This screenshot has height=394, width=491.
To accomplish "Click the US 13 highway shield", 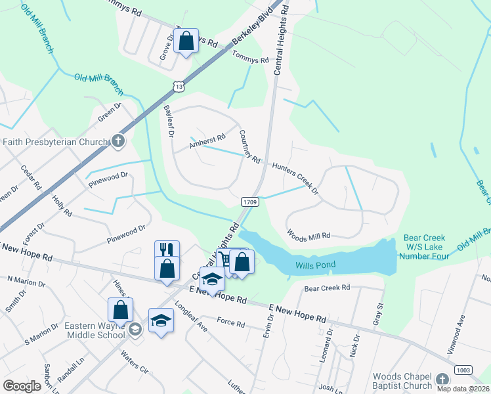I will pos(179,86).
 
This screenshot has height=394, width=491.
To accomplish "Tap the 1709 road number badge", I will pos(248,202).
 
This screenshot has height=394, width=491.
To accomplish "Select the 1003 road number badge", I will pos(463,370).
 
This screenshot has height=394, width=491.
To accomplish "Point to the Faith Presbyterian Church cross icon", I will pos(118,141).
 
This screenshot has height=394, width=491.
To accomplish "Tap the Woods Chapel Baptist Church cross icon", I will pos(442,380).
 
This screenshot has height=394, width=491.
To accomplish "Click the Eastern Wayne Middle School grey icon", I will pos(135,330).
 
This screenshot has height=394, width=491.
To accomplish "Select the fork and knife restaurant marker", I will pos(166,250).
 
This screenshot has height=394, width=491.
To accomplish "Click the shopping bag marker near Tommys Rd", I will pos(186,41).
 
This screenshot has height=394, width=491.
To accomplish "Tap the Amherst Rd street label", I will pos(207,141).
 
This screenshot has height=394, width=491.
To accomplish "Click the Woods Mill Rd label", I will pos(309,234).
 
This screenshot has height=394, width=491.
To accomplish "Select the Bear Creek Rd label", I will pos(328,288).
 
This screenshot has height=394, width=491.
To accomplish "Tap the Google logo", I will pos(22,386).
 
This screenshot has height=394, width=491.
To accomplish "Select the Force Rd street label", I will pos(230,323).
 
